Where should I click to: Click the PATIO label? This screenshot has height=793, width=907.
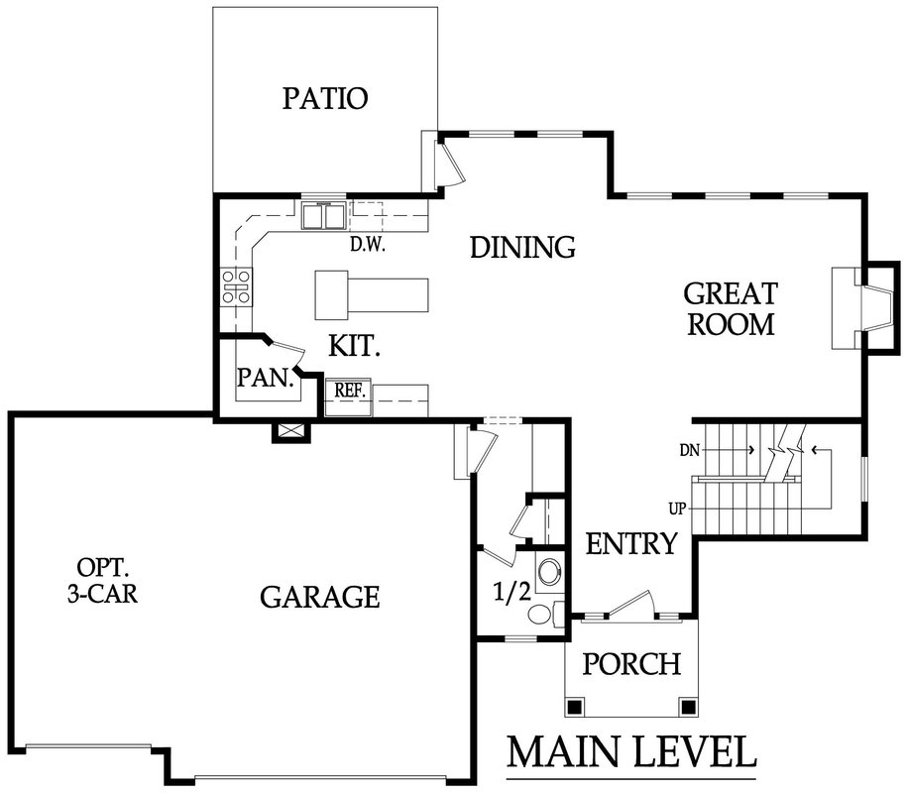tap(325, 98)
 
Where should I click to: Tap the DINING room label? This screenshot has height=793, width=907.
tap(522, 248)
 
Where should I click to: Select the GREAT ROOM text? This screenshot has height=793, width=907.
tap(731, 309)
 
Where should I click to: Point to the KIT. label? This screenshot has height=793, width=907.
tap(354, 346)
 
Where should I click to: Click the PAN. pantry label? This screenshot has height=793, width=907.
tap(266, 378)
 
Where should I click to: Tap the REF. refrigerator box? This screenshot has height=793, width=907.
tap(349, 397)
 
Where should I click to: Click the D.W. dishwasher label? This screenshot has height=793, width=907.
tap(368, 245)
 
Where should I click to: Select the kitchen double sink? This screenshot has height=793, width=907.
tap(323, 215)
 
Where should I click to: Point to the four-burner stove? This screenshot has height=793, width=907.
tap(237, 286)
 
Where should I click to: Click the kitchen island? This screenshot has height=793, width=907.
tap(372, 295)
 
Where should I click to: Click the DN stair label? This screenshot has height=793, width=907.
tap(690, 450)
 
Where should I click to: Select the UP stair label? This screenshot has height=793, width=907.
tap(677, 509)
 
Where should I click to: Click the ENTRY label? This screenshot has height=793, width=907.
tap(631, 544)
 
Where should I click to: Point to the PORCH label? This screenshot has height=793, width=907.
tap(631, 664)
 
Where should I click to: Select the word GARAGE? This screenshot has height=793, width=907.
tap(320, 597)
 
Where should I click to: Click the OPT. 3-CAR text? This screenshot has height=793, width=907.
tap(103, 580)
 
